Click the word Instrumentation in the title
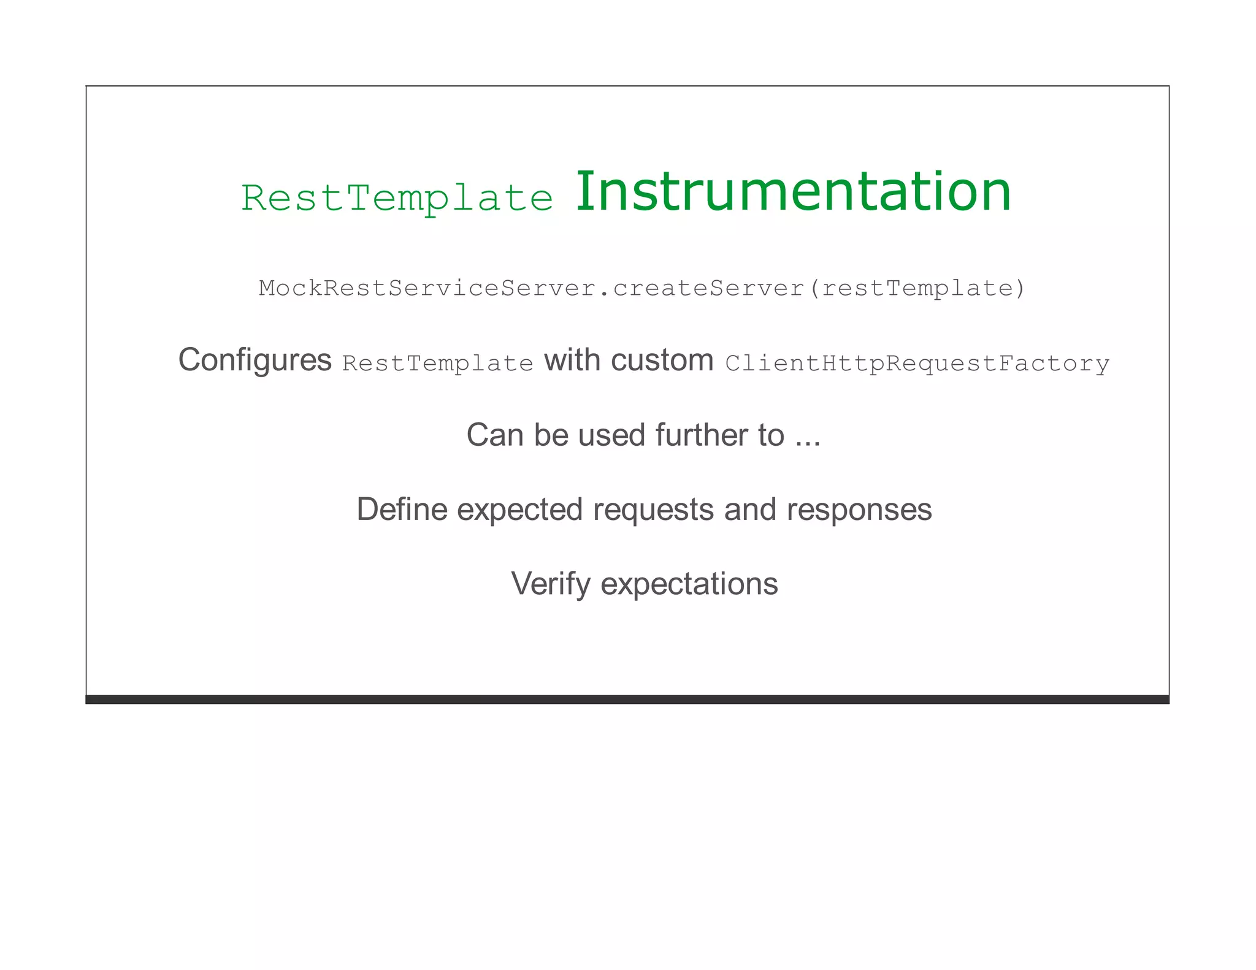[x=792, y=192]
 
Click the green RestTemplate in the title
[x=397, y=199]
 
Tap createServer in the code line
[x=708, y=288]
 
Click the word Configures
[x=255, y=360]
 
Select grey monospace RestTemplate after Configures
[x=437, y=364]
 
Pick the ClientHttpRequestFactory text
[x=917, y=364]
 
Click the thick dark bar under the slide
[x=627, y=699]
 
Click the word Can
[x=494, y=435]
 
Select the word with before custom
[x=572, y=360]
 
